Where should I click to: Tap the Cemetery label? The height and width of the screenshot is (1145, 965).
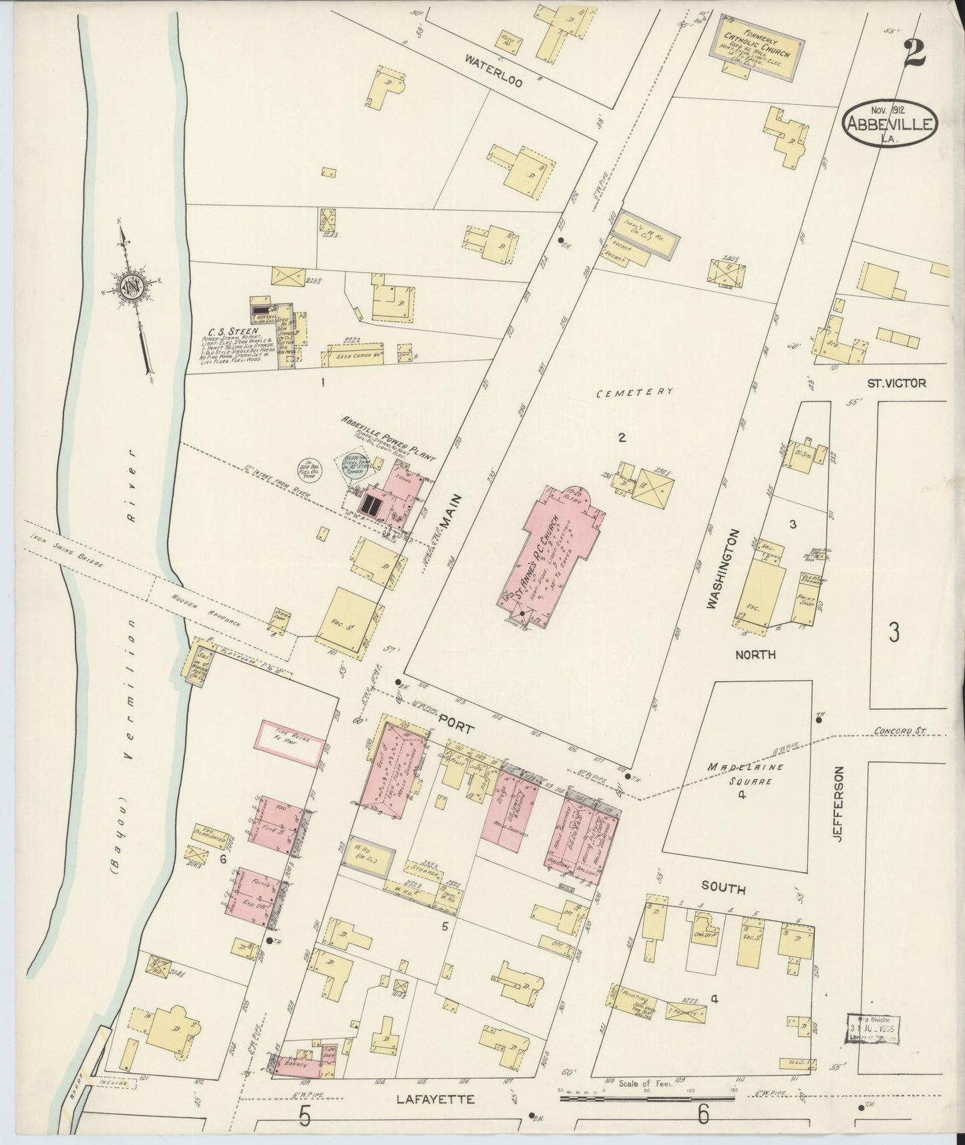click(x=634, y=393)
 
